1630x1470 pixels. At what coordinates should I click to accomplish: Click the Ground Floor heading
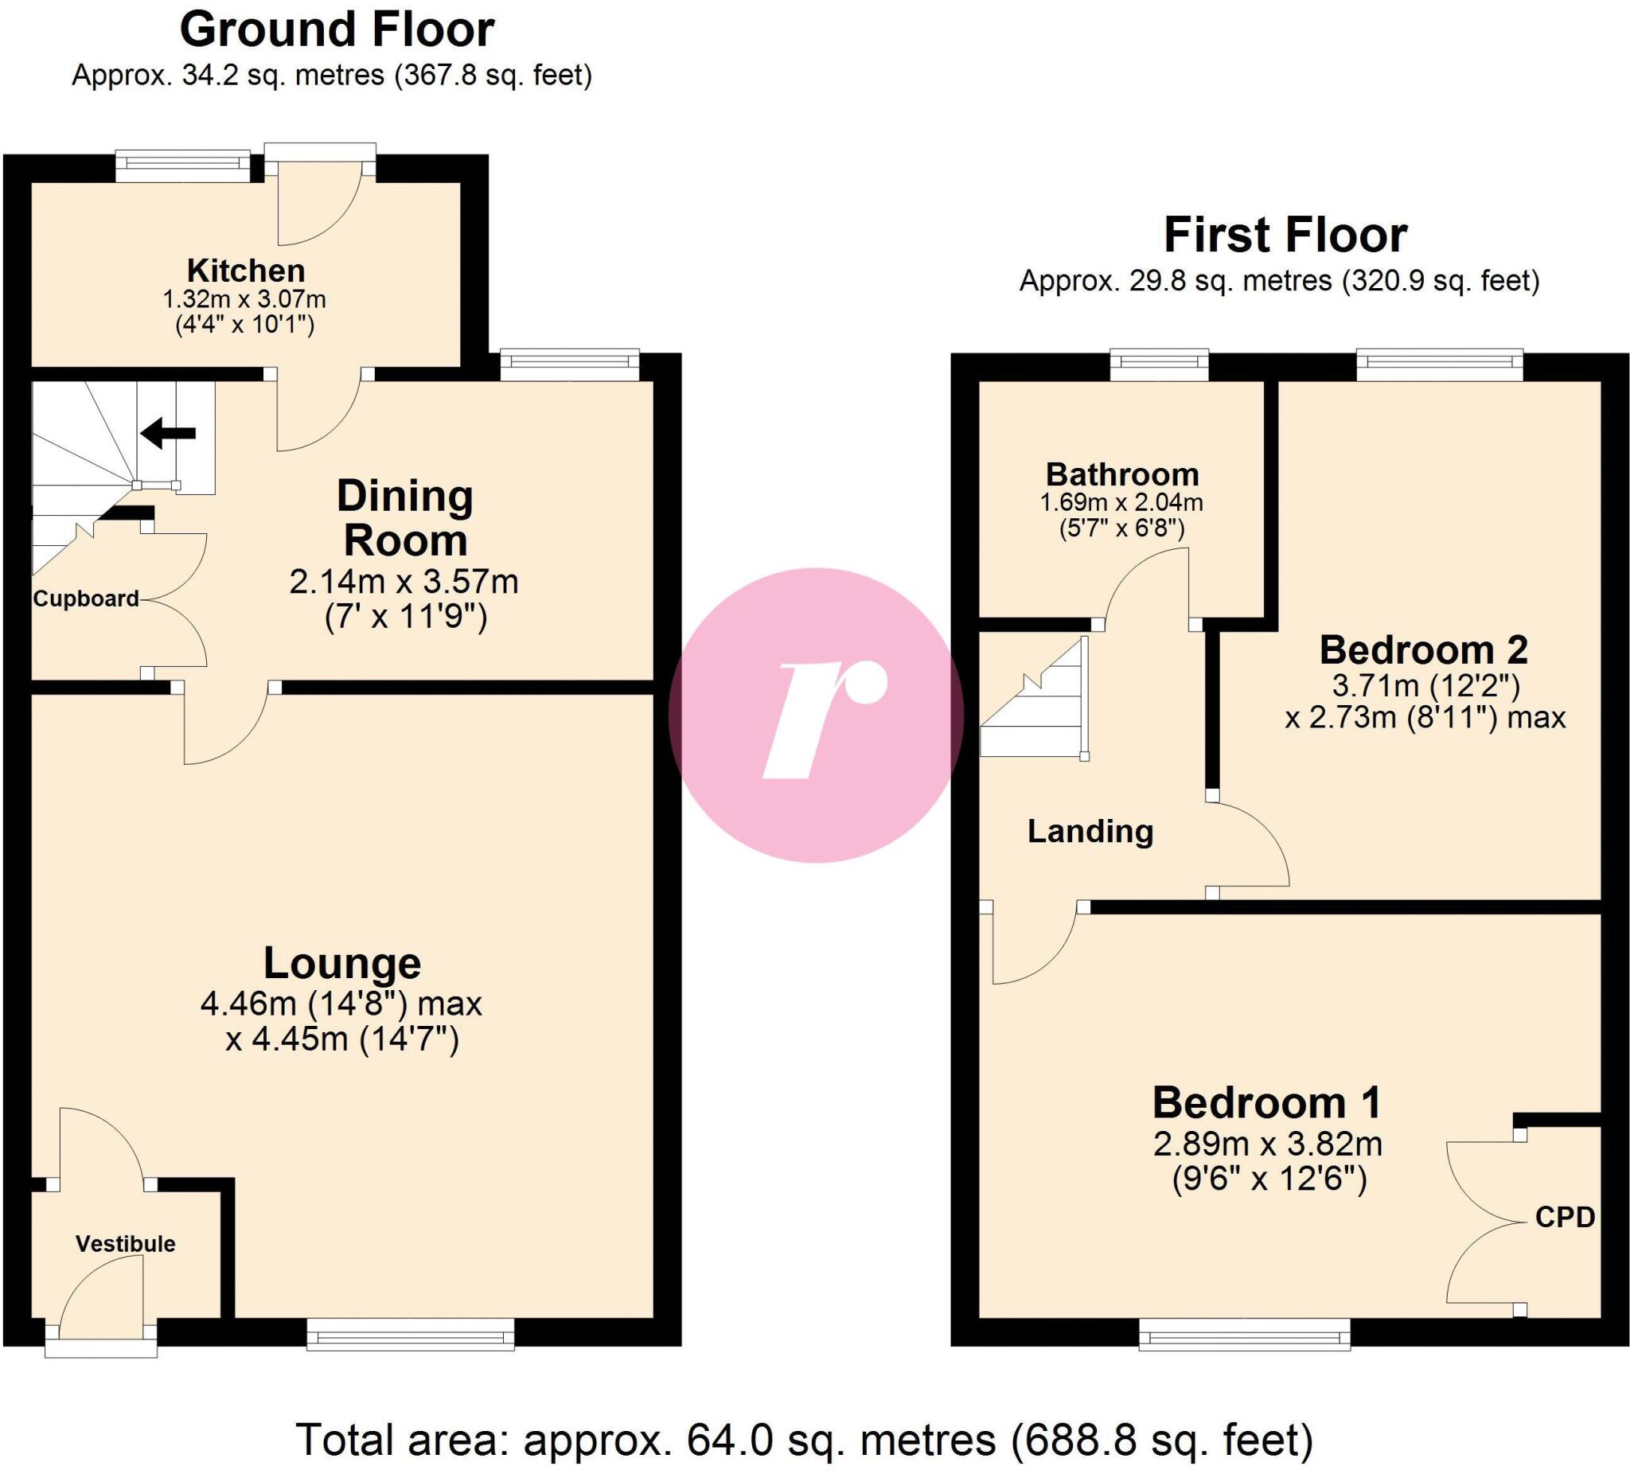click(x=336, y=31)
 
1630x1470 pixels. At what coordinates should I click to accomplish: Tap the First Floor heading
click(x=1285, y=236)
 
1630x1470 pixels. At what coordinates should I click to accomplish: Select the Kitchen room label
click(x=246, y=271)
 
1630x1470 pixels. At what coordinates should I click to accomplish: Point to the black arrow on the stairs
click(x=168, y=433)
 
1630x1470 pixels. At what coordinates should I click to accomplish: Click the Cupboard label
click(x=86, y=599)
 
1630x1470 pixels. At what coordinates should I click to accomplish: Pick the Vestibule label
click(x=125, y=1243)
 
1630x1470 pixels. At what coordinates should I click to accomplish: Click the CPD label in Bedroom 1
click(x=1565, y=1216)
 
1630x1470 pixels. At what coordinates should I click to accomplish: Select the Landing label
click(x=1090, y=831)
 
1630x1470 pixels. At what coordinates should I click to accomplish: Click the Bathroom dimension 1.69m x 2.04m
click(x=1121, y=502)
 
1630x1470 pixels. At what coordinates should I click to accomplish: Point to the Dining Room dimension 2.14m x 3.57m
click(x=404, y=582)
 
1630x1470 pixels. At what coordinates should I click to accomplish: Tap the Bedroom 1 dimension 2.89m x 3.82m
click(x=1267, y=1144)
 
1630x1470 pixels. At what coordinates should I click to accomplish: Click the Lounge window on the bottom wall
click(x=411, y=1335)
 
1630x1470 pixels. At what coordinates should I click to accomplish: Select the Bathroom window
click(x=1159, y=365)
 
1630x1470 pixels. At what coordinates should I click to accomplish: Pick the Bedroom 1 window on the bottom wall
click(x=1244, y=1335)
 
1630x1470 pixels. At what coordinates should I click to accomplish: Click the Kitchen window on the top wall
click(x=183, y=165)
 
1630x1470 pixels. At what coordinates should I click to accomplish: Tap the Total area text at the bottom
click(x=805, y=1439)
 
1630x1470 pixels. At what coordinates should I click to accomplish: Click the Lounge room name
click(x=341, y=964)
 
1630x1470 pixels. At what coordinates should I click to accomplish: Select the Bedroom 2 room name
click(x=1423, y=650)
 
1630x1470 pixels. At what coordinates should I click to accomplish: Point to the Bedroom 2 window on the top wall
click(x=1439, y=365)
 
